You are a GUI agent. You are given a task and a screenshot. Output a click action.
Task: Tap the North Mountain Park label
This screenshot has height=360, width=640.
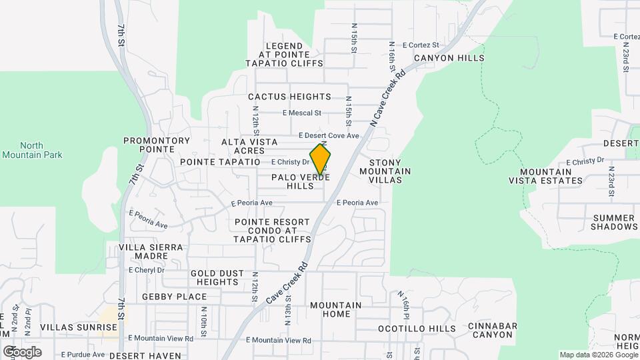(31, 150)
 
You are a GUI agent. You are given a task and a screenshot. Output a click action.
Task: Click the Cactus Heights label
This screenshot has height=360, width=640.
(289, 97)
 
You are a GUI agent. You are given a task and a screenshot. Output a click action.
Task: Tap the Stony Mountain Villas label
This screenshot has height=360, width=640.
(385, 171)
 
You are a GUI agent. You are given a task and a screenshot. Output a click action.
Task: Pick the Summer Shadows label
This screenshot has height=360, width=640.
(614, 222)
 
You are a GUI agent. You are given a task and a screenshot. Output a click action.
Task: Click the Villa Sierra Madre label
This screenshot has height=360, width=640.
(150, 251)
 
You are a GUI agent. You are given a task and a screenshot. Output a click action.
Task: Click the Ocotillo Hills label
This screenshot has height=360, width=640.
(417, 329)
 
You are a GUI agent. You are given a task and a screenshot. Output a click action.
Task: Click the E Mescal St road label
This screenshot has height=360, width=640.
(302, 113)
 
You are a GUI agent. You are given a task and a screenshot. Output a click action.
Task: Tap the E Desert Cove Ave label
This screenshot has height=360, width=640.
(329, 135)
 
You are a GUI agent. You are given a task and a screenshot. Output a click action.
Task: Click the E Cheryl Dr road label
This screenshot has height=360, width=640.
(146, 270)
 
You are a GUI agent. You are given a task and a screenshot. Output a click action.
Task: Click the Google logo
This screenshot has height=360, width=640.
(22, 351)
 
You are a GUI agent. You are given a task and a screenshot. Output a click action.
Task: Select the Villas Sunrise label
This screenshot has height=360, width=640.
(79, 327)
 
